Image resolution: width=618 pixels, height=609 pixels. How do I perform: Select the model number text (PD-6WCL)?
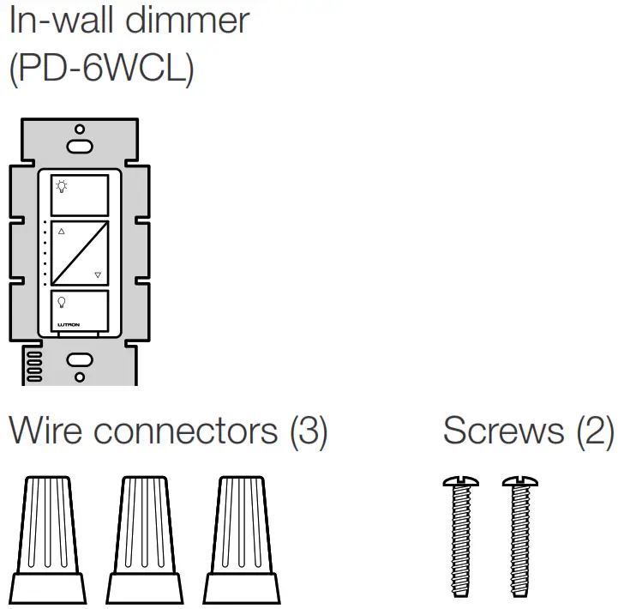[101, 69]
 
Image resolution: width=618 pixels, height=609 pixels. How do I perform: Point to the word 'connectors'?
[186, 431]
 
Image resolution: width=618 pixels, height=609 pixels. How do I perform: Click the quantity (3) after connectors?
[309, 431]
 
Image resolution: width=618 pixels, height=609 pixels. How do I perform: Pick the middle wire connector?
[143, 540]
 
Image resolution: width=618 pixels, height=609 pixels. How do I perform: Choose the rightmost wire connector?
[241, 540]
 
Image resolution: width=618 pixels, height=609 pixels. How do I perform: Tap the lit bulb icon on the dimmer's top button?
[61, 184]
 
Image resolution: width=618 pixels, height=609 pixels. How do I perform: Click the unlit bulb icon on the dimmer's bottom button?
[61, 301]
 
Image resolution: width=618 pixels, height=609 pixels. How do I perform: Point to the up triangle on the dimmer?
[62, 231]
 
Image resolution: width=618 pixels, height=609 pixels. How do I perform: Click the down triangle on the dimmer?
[98, 275]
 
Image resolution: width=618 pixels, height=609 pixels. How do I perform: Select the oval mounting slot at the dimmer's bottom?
[80, 360]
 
